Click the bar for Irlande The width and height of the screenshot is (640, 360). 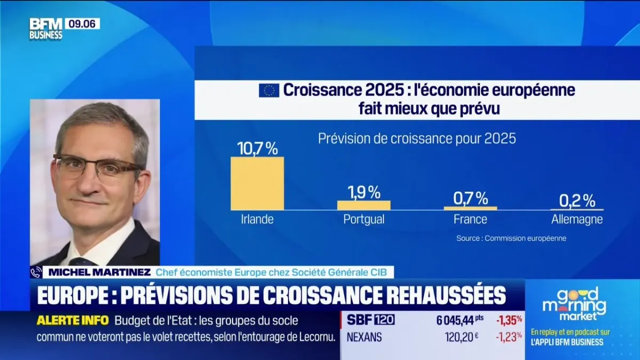257,183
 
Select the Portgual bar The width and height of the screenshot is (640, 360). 364,205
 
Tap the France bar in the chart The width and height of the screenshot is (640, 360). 470,208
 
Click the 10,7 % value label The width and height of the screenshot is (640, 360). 257,148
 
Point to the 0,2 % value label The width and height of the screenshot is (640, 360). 577,201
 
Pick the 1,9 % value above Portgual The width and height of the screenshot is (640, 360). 364,192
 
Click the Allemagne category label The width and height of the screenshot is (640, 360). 577,219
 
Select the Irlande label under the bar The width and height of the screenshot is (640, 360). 257,219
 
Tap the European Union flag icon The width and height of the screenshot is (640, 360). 269,90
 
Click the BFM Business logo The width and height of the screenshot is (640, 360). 46,29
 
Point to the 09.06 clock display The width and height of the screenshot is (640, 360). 82,23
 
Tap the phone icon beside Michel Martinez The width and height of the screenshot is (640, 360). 36,273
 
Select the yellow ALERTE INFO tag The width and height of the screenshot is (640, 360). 73,321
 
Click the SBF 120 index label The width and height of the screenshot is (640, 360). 371,320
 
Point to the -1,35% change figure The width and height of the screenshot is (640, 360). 509,320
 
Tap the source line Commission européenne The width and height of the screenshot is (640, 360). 511,238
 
